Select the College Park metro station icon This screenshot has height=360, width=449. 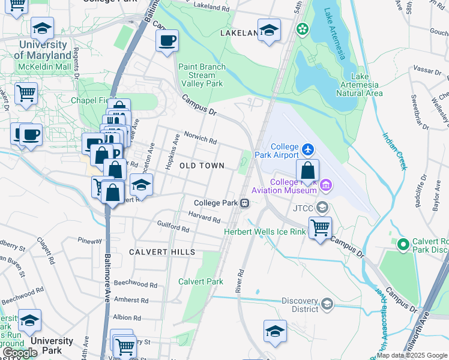tap(245, 203)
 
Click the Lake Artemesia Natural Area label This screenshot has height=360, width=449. tap(359, 85)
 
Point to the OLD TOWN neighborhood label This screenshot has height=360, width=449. tap(202, 166)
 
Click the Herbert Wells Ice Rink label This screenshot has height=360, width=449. tap(265, 232)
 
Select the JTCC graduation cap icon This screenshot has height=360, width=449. tap(322, 208)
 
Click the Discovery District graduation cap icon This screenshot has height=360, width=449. tap(327, 304)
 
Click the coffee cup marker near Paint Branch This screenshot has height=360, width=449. tap(167, 41)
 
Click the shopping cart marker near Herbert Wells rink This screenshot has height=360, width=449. tap(321, 227)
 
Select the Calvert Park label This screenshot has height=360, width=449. tap(200, 281)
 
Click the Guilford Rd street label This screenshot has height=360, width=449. tap(173, 228)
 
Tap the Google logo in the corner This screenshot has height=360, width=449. tap(20, 353)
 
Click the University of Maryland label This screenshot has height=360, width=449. tap(43, 50)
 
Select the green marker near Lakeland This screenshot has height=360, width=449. tap(303, 28)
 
